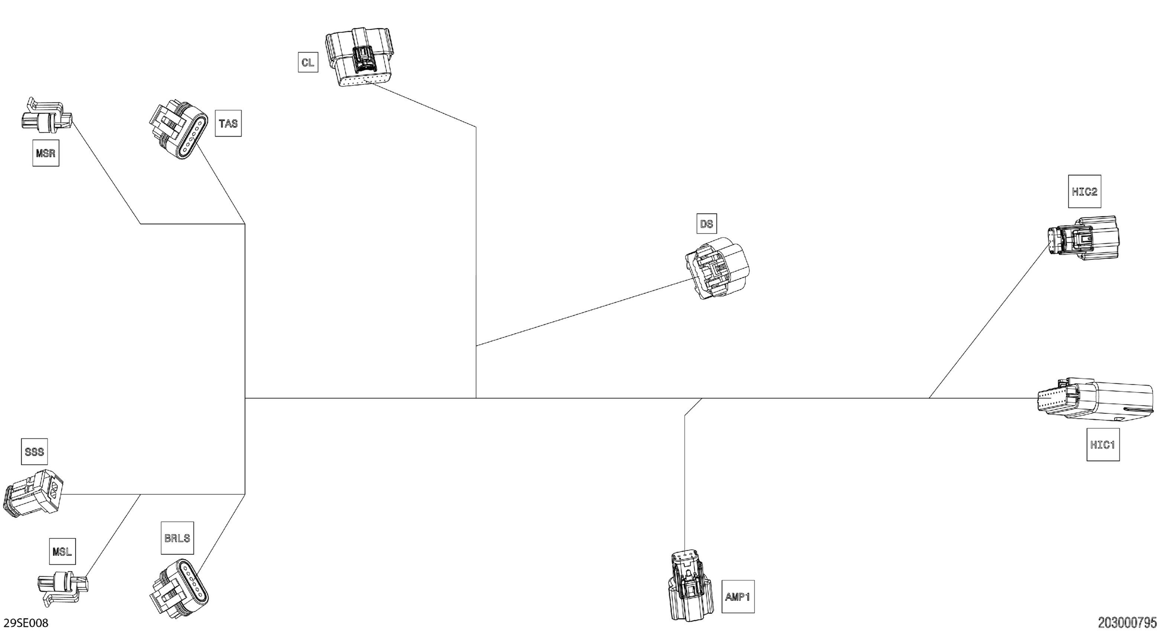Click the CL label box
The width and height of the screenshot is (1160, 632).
point(308,62)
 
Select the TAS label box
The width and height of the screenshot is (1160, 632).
point(228,123)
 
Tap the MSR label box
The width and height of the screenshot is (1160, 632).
point(45,153)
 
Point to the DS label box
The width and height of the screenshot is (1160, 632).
point(706,223)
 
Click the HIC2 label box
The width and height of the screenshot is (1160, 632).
point(1084,191)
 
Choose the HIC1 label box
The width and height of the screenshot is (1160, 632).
point(1103,445)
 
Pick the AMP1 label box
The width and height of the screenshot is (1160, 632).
point(738,596)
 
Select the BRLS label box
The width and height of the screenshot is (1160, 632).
point(177,538)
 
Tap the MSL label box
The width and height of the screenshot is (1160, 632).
point(62,551)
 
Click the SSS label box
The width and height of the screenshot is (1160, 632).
point(34,451)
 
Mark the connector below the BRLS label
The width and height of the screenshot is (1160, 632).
point(179,588)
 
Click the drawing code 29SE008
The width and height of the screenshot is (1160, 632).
point(26,623)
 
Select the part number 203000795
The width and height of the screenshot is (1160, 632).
point(1127,623)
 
